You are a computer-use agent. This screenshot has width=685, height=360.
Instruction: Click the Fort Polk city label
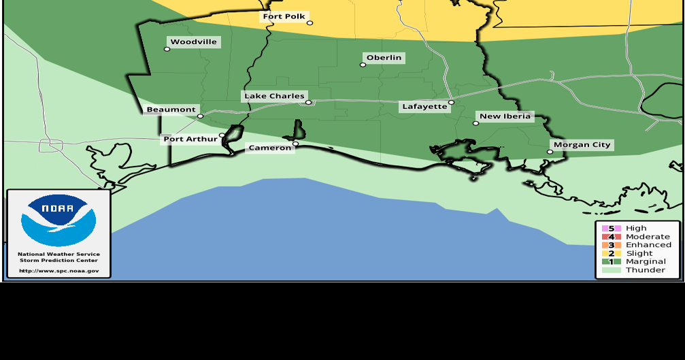(284, 16)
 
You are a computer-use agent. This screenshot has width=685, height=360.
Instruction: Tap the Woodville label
(193, 42)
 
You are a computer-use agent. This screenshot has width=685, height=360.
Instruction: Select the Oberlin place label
(384, 58)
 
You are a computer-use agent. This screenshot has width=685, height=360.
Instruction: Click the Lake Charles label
(274, 96)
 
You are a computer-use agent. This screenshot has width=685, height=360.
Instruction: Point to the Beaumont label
(171, 110)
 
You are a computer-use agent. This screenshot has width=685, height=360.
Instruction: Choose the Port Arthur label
(190, 140)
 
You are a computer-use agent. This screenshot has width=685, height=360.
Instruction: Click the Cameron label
(269, 148)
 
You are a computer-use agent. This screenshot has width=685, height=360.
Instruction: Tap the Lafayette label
(424, 107)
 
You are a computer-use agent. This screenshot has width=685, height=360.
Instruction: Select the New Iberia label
(505, 116)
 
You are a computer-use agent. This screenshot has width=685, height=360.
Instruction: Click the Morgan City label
(582, 145)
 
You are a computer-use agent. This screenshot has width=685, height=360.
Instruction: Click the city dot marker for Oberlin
(363, 65)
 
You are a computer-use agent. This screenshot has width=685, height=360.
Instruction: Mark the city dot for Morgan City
(550, 152)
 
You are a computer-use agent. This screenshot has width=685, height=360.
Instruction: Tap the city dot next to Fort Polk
(310, 23)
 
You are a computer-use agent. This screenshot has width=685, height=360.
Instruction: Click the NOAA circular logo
(59, 220)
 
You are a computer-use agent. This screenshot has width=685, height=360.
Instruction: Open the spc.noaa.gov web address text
(59, 271)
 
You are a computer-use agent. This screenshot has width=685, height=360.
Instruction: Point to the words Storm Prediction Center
(59, 260)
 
